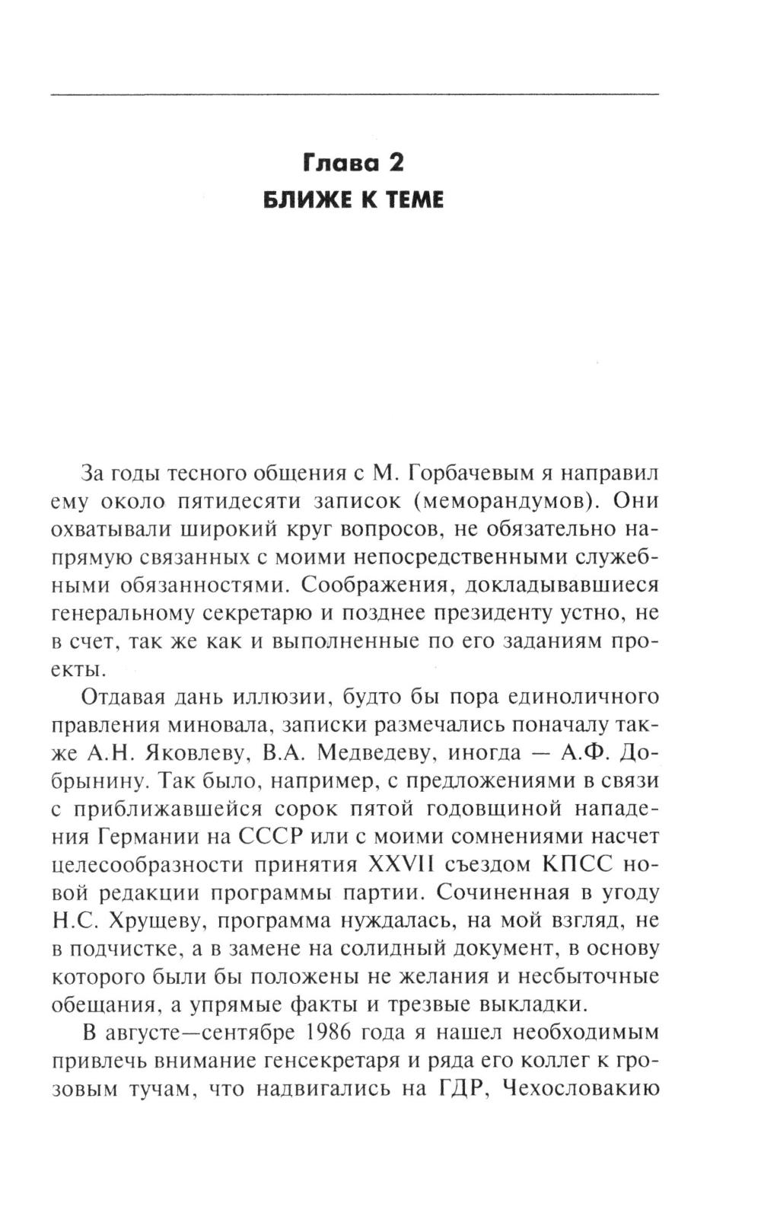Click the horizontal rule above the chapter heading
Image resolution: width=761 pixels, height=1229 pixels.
[x=355, y=94]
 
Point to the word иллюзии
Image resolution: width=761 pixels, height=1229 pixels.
[x=283, y=697]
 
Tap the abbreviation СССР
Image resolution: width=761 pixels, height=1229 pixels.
[x=272, y=837]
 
